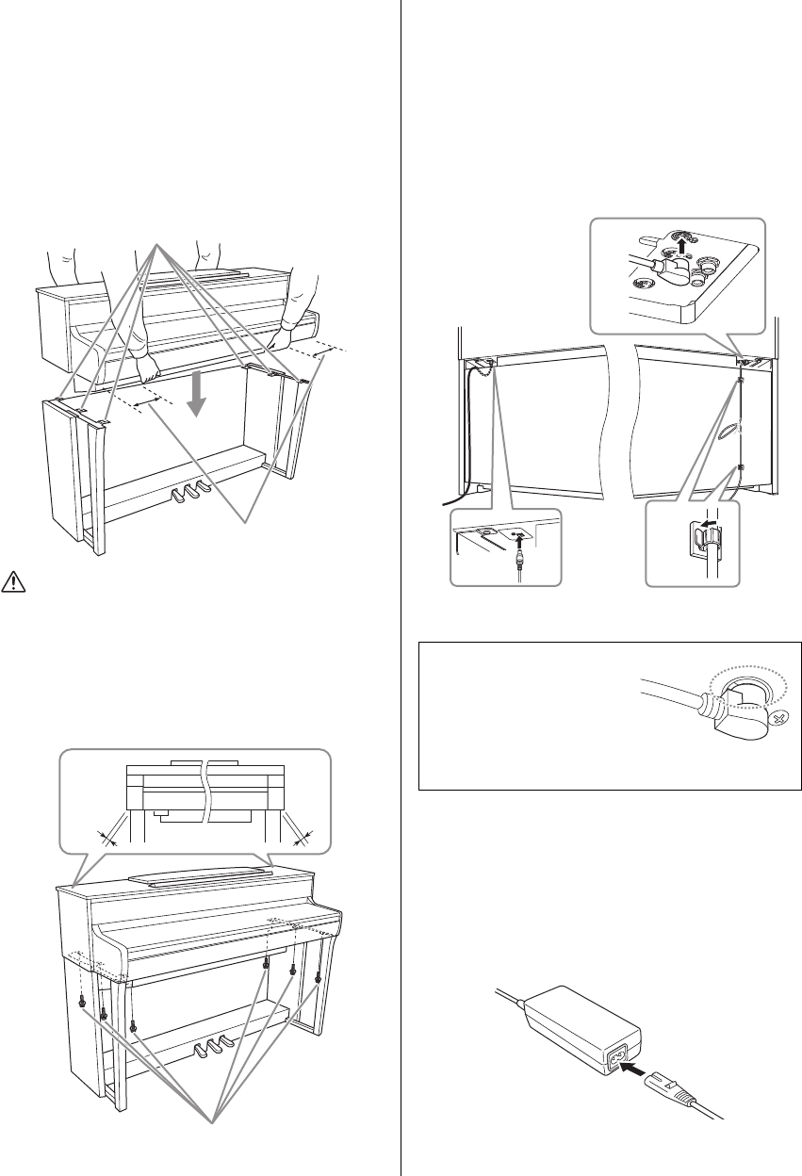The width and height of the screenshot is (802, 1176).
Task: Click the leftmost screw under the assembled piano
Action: (x=84, y=1003)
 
